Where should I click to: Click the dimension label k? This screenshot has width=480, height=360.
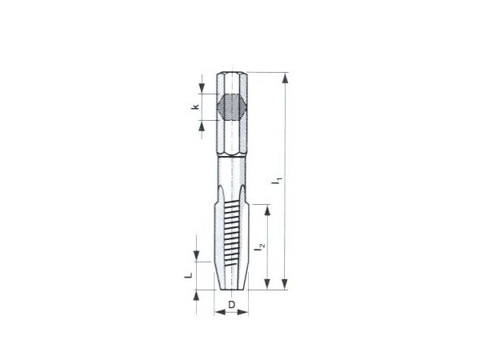195,107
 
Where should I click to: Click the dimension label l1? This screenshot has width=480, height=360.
278,181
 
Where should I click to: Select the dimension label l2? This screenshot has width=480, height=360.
259,247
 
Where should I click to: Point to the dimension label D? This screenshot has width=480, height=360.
232,305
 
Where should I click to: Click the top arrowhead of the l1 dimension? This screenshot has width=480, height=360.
285,78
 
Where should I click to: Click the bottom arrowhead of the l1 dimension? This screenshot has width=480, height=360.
285,284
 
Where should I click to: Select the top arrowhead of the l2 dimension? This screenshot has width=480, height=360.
267,210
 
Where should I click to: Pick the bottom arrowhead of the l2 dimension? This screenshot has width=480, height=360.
267,284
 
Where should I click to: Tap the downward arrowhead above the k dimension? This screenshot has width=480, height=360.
202,88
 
